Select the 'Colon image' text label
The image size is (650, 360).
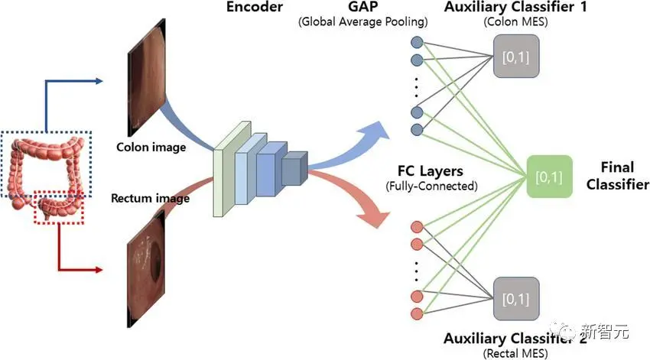(151, 146)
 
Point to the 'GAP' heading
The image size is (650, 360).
(362, 8)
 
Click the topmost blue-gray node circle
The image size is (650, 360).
(418, 44)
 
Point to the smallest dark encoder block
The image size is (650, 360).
(293, 168)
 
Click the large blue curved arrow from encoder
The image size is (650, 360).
(348, 149)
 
